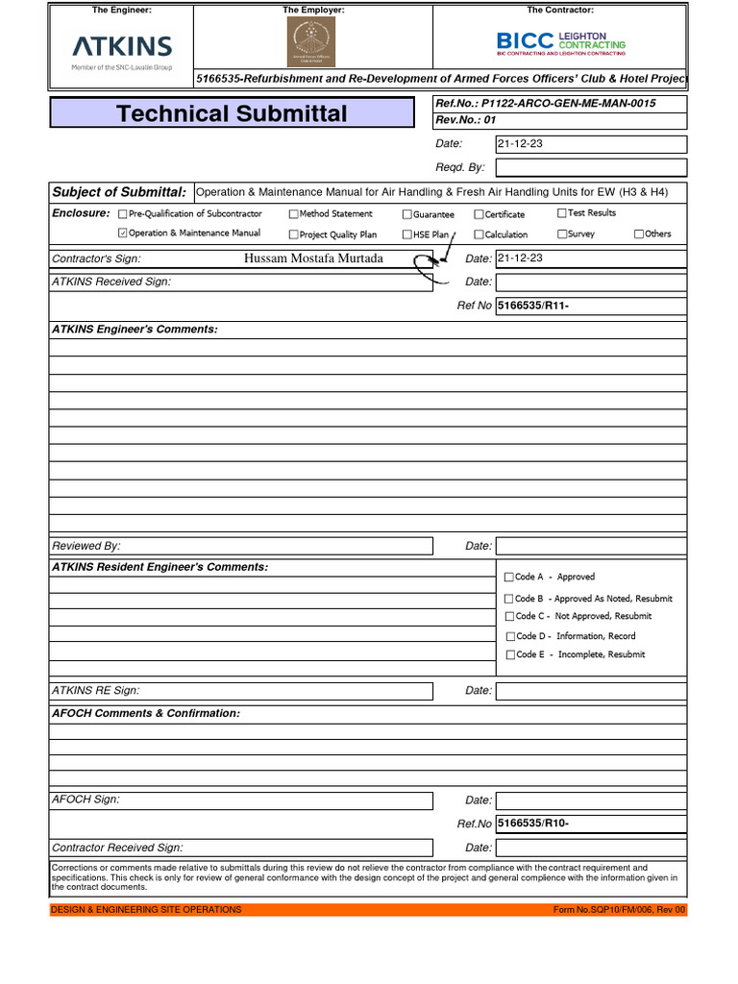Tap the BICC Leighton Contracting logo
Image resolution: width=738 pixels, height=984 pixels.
pyautogui.click(x=560, y=42)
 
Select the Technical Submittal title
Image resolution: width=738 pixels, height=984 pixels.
pyautogui.click(x=232, y=113)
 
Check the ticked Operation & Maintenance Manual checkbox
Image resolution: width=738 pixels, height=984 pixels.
pyautogui.click(x=122, y=234)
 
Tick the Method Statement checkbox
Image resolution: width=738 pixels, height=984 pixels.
pyautogui.click(x=294, y=214)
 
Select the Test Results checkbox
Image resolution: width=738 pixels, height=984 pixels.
pyautogui.click(x=562, y=213)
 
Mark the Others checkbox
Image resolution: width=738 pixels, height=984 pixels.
pyautogui.click(x=639, y=234)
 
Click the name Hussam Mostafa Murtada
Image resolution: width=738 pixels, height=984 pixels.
pyautogui.click(x=313, y=258)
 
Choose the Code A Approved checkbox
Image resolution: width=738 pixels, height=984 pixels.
pyautogui.click(x=508, y=578)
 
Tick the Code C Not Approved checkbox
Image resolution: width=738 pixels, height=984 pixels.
pyautogui.click(x=509, y=616)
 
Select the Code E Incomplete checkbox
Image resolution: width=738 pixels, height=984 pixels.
pyautogui.click(x=509, y=654)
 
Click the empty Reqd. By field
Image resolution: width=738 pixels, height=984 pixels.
pyautogui.click(x=590, y=167)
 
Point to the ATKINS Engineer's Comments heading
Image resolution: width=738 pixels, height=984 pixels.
pyautogui.click(x=135, y=330)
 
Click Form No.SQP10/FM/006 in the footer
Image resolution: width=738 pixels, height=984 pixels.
pyautogui.click(x=619, y=909)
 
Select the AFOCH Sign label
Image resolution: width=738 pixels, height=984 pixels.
pyautogui.click(x=86, y=799)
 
